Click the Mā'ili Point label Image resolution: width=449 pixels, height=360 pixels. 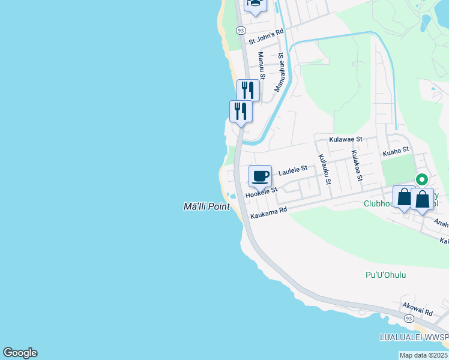point(206,206)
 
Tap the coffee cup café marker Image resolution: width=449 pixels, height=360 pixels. point(260,176)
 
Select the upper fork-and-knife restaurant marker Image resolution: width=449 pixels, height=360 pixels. point(248,91)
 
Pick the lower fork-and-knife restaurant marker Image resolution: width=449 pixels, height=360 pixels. point(241,111)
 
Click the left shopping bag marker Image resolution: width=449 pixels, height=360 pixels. point(404,197)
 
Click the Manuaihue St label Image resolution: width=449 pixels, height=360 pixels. point(279,73)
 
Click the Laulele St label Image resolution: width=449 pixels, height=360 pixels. point(293,171)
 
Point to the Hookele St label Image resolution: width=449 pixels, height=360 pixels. point(261,192)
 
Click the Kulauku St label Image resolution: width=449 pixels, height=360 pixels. point(324,169)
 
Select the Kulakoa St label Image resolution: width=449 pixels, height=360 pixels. point(357,166)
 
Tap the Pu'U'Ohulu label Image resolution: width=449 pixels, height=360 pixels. point(386,275)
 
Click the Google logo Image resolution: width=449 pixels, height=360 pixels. point(20,353)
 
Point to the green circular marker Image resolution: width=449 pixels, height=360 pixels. point(422,179)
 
